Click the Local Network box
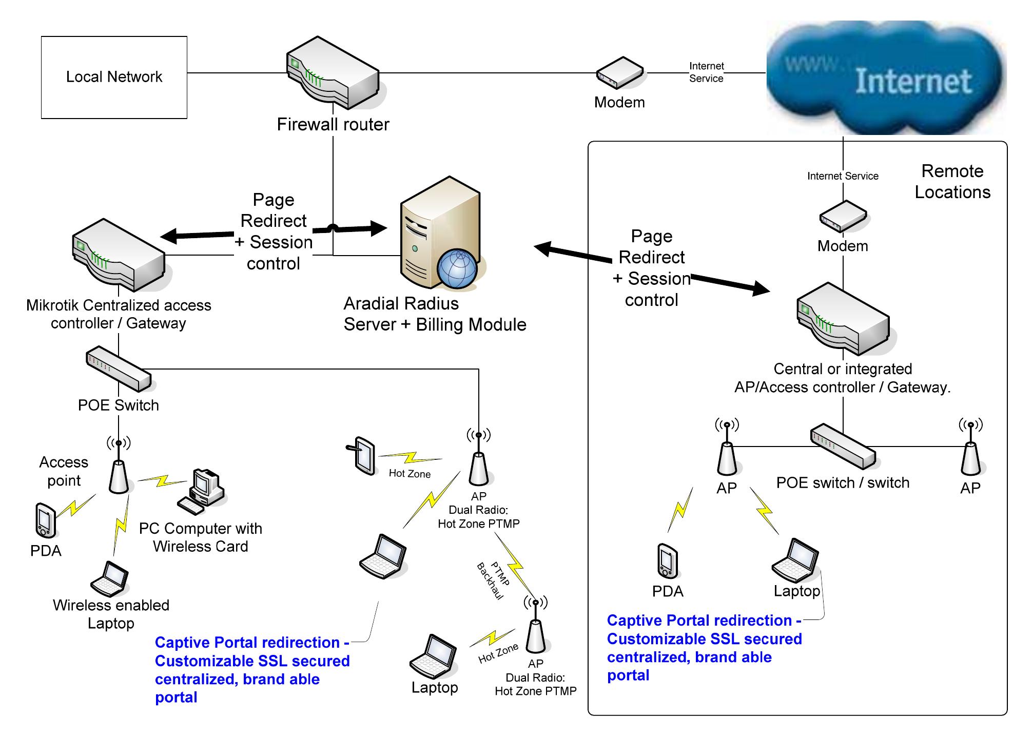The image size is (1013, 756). (x=114, y=77)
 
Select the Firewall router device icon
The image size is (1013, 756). (x=333, y=73)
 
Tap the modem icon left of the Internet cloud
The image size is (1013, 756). (x=619, y=73)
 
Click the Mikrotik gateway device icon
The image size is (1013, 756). (x=119, y=255)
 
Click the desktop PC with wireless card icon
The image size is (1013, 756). (x=203, y=491)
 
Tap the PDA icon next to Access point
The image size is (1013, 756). (x=45, y=520)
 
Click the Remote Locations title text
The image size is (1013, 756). (x=952, y=181)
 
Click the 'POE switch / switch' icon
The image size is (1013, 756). (x=843, y=445)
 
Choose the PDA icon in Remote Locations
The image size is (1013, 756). (x=667, y=561)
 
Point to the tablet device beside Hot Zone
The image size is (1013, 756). (x=364, y=455)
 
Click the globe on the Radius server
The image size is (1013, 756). (x=457, y=268)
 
